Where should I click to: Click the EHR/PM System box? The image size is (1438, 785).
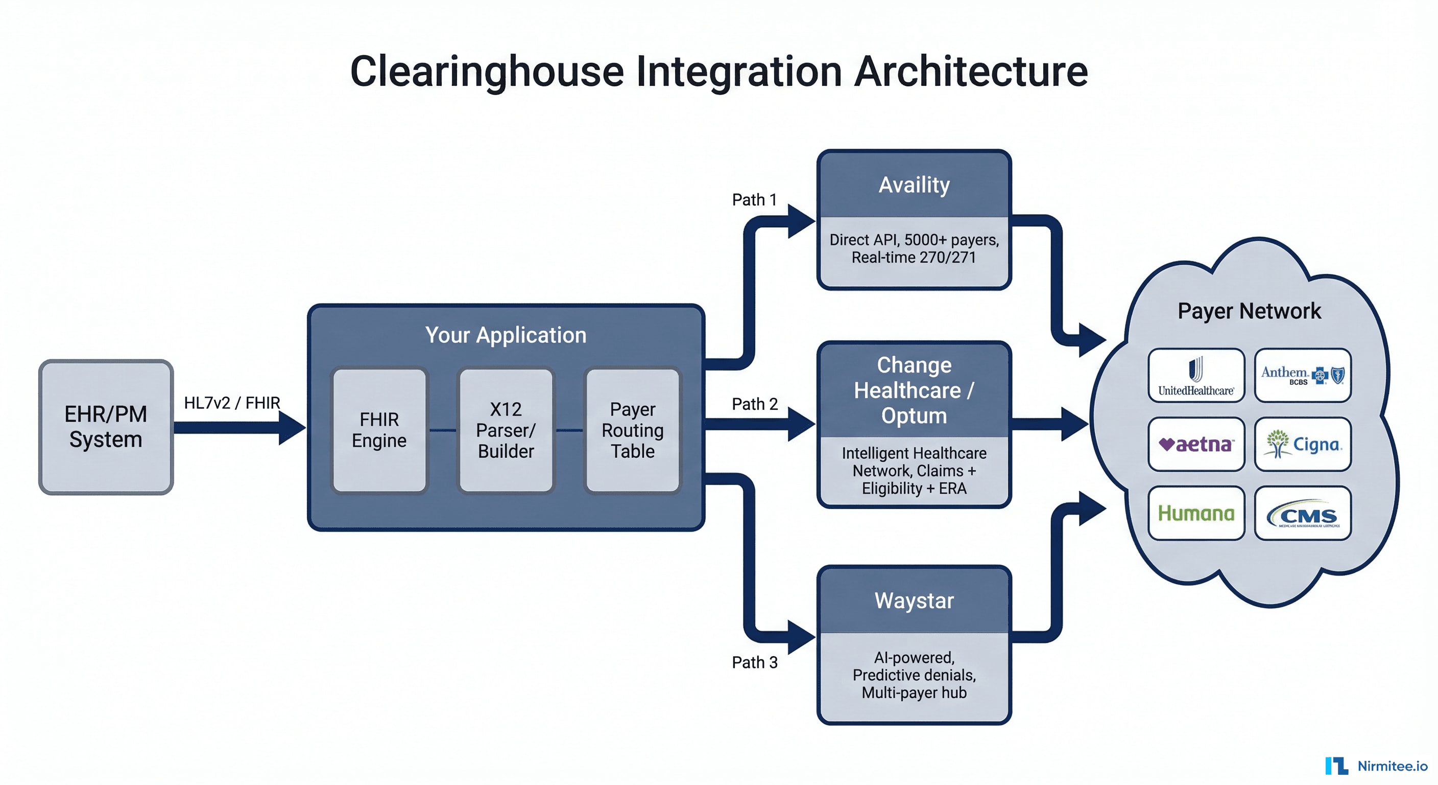coord(106,427)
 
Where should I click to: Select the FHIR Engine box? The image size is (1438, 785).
coord(379,430)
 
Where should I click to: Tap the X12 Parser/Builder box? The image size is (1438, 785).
coord(506,430)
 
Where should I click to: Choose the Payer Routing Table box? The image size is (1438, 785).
coord(633,430)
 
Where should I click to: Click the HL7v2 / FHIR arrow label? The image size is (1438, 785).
coord(232,403)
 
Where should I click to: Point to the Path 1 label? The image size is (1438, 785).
coord(754,199)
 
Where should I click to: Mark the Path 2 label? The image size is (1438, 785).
coord(754,404)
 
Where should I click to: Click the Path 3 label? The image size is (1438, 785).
coord(754,662)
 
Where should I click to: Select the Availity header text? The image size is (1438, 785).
coord(914,185)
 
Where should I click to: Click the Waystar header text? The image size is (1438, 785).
coord(914,601)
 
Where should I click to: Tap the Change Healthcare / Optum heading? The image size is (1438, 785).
coord(914,390)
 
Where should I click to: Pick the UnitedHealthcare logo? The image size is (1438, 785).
coord(1196,376)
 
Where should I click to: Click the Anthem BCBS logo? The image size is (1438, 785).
coord(1302,376)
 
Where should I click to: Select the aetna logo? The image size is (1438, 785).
coord(1196,445)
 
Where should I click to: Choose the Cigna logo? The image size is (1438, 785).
coord(1302,445)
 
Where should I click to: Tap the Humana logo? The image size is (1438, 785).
coord(1196,513)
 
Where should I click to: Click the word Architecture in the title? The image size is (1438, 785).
coord(971,72)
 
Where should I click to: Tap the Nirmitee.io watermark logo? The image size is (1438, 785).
coord(1376,766)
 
